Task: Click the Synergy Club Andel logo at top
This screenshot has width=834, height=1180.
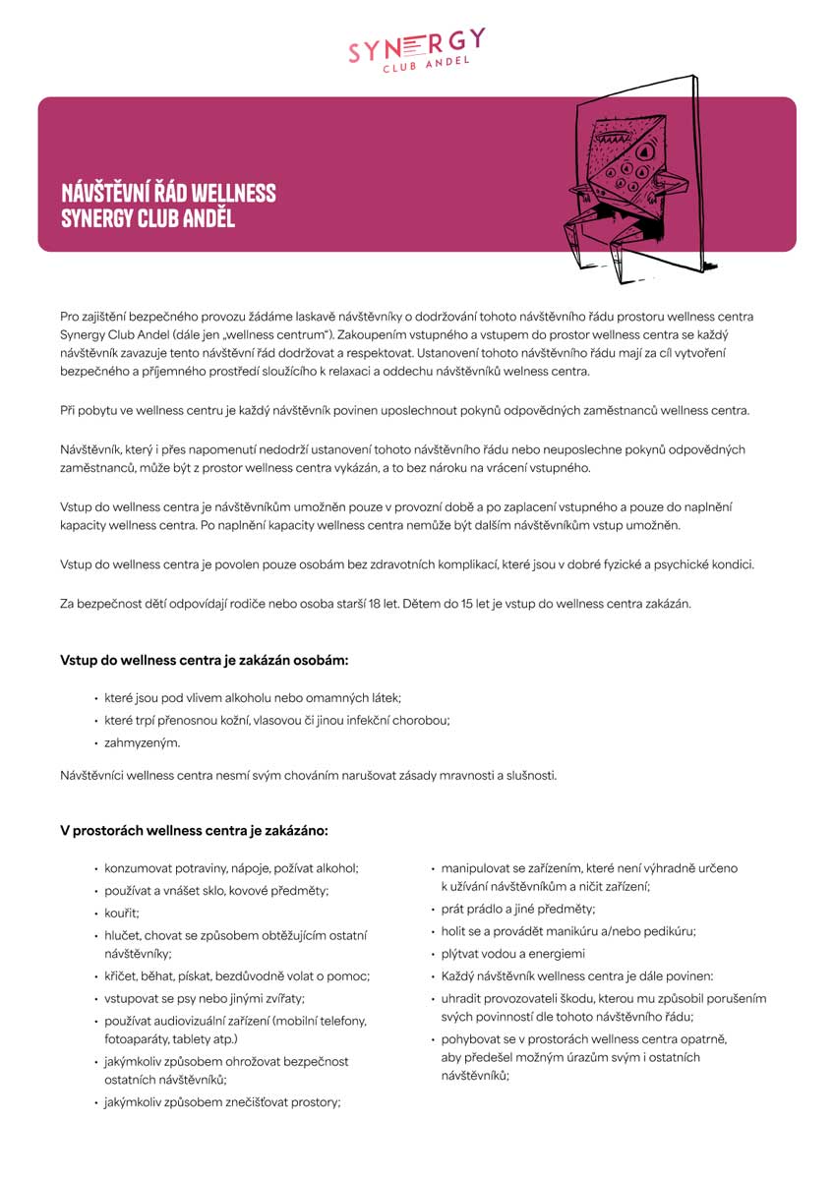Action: pos(416,50)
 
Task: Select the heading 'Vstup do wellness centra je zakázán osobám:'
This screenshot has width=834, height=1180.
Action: pos(205,659)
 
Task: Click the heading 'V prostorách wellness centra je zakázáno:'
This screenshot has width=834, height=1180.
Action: pos(194,831)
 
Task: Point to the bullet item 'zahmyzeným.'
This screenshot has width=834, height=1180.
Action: pos(143,743)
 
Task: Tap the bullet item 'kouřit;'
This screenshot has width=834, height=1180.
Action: pos(123,913)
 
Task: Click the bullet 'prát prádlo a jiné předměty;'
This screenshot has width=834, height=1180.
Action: pos(518,910)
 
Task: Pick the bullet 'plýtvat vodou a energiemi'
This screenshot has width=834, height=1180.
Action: pos(512,953)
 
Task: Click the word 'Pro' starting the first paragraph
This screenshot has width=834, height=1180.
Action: pos(71,317)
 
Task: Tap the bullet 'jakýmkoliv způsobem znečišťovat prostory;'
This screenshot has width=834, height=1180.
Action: pos(222,1102)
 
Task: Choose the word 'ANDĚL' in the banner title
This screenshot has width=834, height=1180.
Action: pos(208,217)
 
